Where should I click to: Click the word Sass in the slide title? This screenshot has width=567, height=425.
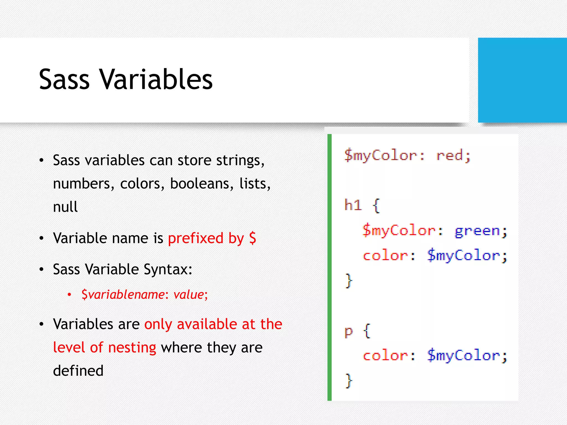64,80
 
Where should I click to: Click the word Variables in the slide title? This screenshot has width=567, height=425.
156,80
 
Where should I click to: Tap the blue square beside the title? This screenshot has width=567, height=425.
522,80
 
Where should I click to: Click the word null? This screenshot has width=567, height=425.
65,207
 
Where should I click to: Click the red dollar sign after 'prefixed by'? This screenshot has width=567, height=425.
252,238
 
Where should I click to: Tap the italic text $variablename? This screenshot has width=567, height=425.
123,294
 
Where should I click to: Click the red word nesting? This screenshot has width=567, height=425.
132,348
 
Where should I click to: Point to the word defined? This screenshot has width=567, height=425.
78,371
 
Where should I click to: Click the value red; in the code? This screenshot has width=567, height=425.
453,156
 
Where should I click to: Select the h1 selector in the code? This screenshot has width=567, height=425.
353,205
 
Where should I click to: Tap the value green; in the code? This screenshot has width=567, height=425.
481,231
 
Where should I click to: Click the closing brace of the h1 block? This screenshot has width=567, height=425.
349,281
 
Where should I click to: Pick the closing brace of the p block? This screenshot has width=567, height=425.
349,381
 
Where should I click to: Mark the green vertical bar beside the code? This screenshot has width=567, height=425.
329,267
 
